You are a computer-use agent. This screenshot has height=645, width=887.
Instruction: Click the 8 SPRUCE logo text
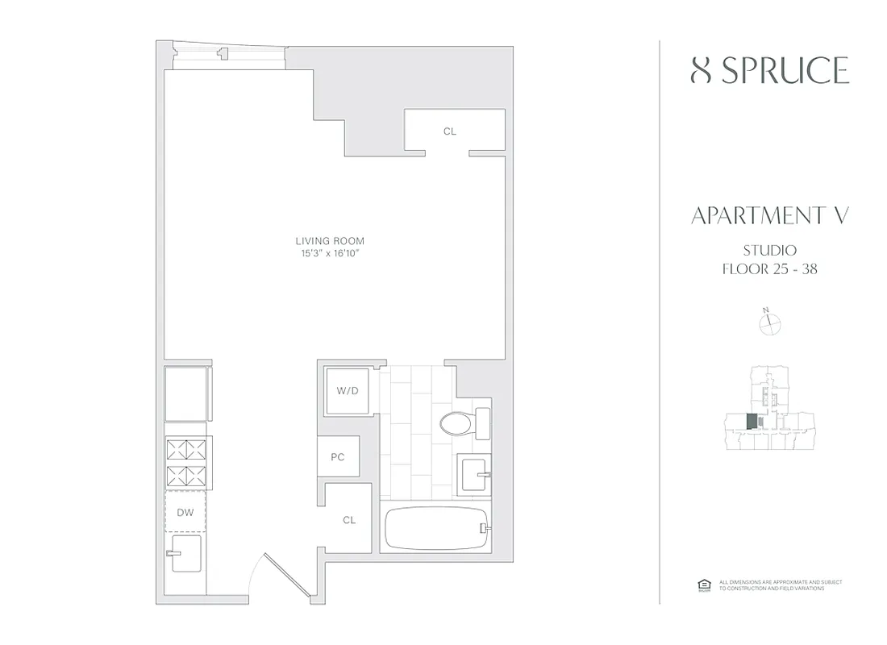[x=769, y=71]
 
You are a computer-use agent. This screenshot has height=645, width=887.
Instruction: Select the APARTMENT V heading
[x=769, y=216]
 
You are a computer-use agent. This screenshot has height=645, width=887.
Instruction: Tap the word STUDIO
[x=769, y=250]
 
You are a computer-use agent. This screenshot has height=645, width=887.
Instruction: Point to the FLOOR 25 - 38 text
[x=769, y=269]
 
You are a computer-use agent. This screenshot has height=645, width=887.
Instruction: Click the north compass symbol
[x=771, y=322]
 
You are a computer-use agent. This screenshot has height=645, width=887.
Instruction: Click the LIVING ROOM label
[x=329, y=240]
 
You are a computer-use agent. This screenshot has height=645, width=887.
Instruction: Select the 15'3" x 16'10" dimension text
[x=329, y=254]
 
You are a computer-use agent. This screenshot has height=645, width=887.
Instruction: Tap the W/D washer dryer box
[x=348, y=391]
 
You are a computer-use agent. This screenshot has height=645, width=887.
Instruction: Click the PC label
[x=338, y=457]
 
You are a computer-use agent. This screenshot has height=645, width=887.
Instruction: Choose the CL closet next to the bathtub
[x=349, y=520]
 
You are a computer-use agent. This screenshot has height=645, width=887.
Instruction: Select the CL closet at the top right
[x=449, y=131]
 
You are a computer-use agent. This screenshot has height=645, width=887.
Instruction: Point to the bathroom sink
[x=473, y=474]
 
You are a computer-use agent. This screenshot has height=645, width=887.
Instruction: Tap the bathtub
[x=435, y=529]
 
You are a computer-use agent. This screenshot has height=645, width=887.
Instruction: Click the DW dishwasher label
[x=186, y=512]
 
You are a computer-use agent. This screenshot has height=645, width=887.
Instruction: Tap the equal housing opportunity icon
[x=702, y=585]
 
